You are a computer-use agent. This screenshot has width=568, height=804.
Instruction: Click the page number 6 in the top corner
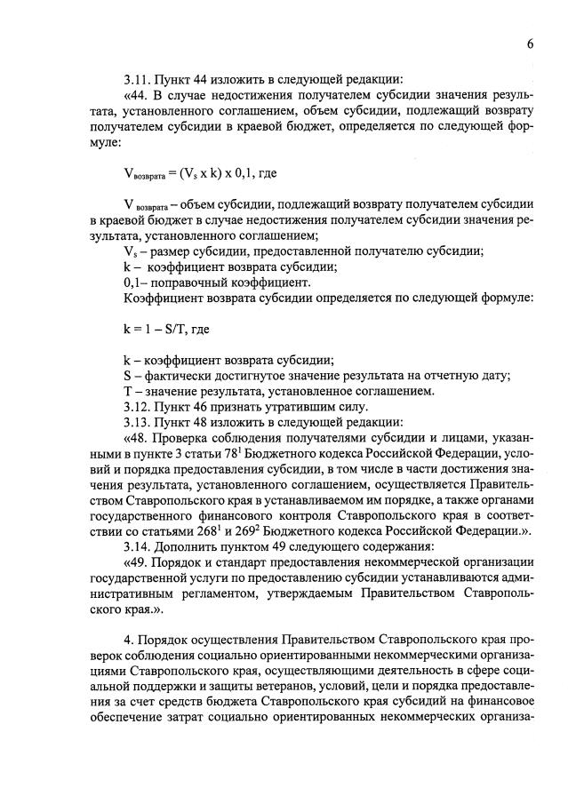[x=529, y=44]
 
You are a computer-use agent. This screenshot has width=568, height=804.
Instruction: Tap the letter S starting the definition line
[x=128, y=375]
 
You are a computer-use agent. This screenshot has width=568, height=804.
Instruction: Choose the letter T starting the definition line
[x=128, y=391]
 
